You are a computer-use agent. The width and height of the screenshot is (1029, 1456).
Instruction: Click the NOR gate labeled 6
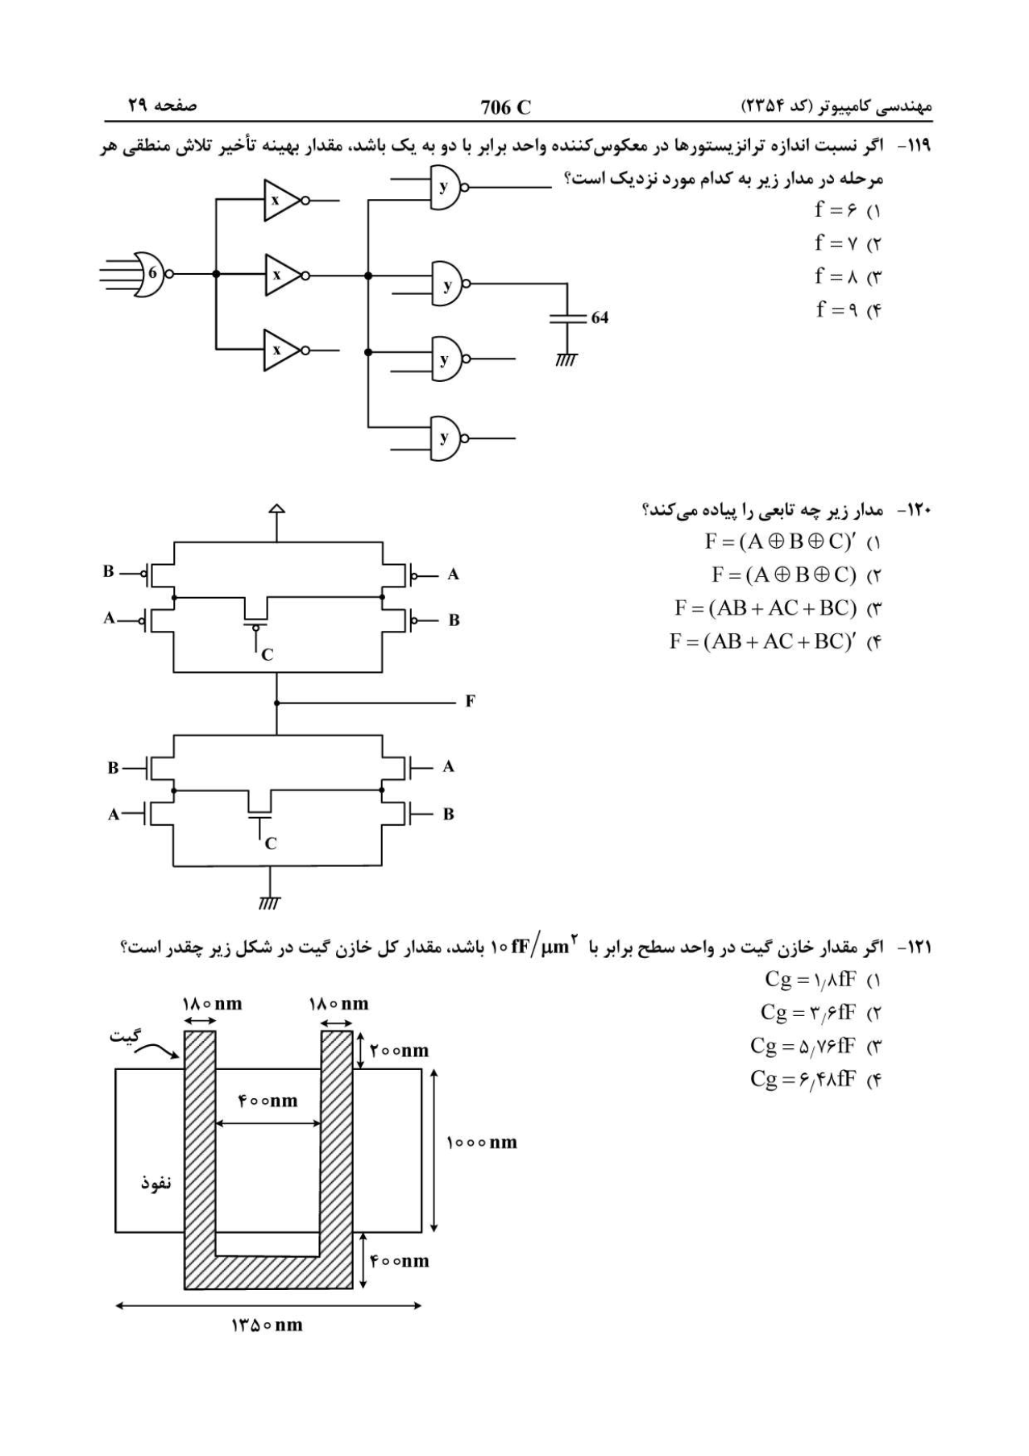(x=151, y=273)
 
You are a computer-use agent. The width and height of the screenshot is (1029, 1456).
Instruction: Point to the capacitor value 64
(x=600, y=317)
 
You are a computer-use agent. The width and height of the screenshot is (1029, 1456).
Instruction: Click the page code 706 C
(x=506, y=107)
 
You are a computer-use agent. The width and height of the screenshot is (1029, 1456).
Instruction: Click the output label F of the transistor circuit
(x=470, y=701)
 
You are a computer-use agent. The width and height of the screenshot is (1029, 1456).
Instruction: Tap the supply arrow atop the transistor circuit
(x=276, y=510)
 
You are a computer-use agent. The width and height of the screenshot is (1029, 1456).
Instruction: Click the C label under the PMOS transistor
(x=268, y=655)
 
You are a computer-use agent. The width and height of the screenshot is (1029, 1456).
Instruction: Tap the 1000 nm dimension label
(x=482, y=1143)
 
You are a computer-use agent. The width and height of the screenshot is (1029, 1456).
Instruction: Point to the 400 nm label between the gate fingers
(x=268, y=1101)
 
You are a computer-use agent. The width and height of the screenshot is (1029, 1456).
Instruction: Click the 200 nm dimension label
(x=399, y=1051)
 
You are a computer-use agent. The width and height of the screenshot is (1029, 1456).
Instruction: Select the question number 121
(x=919, y=948)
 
